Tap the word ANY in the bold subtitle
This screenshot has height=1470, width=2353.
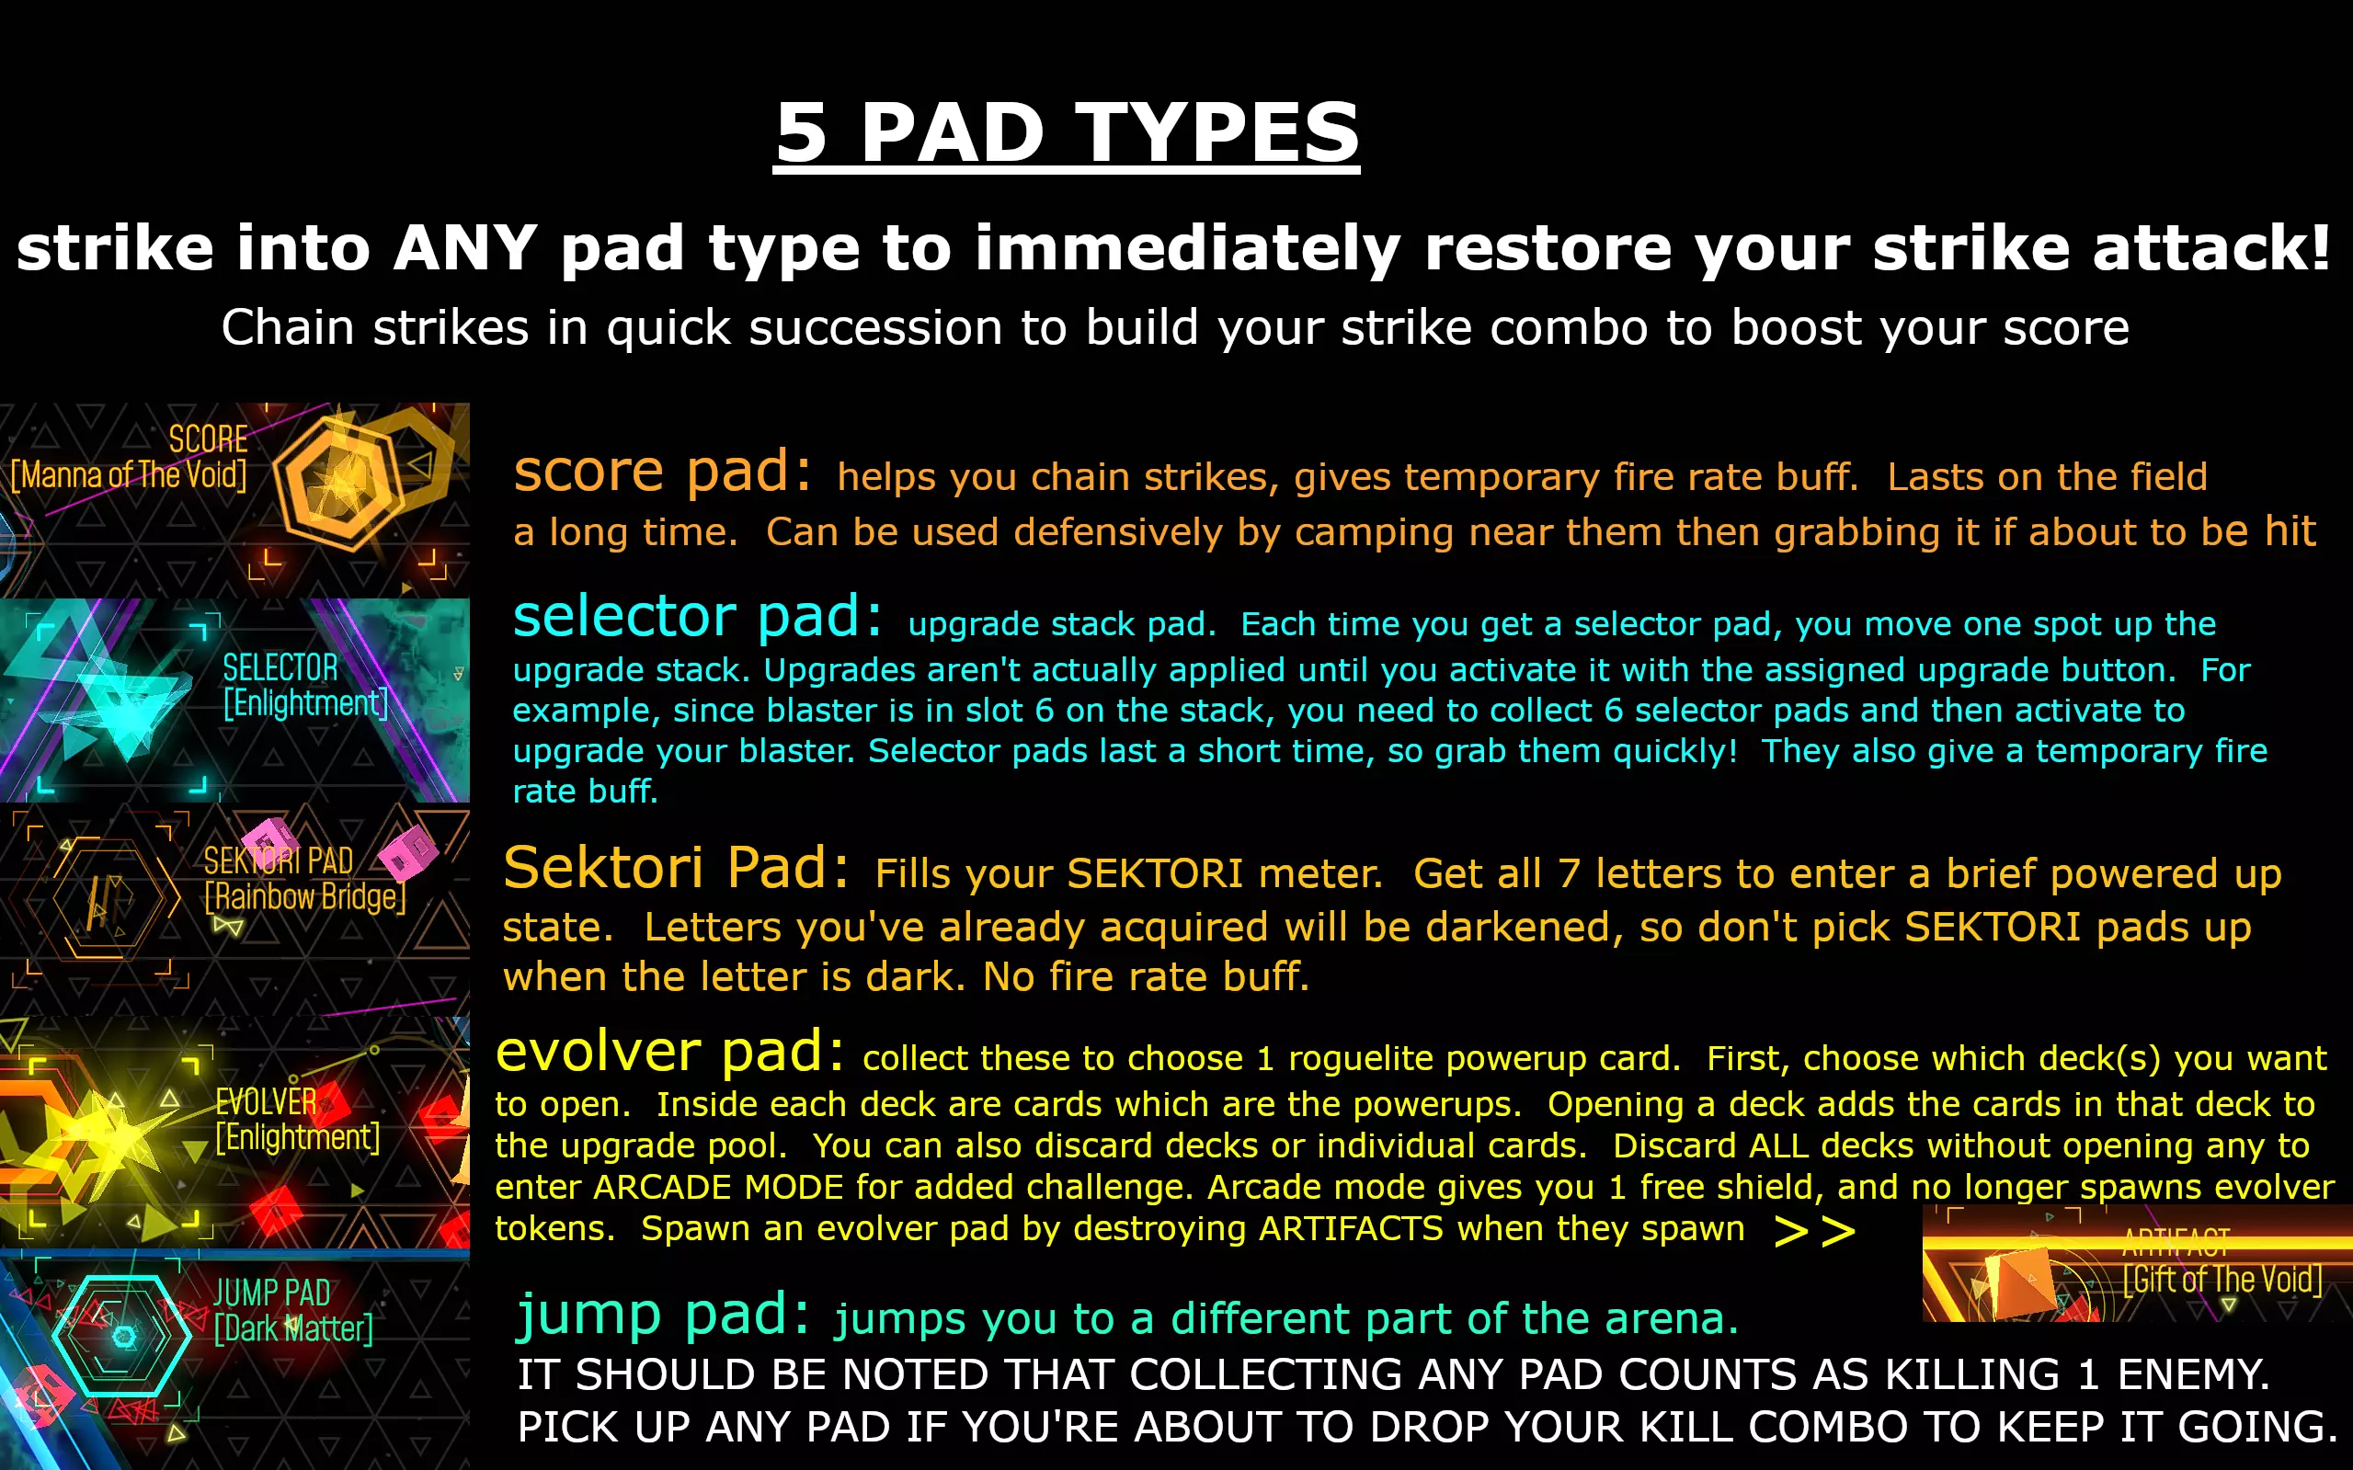[x=464, y=248]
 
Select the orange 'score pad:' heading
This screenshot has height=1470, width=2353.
[x=662, y=472]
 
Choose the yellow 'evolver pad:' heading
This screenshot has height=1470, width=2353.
[x=670, y=1052]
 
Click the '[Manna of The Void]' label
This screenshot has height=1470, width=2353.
[x=129, y=475]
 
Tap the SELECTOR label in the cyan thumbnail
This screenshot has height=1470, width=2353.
[x=280, y=668]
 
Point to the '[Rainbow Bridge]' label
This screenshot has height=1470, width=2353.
[x=305, y=896]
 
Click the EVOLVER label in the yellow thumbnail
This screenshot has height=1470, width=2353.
[x=266, y=1101]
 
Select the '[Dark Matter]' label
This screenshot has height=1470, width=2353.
[x=293, y=1328]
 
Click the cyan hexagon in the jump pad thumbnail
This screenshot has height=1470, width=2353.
[x=122, y=1337]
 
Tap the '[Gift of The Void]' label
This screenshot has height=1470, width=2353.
[x=2222, y=1280]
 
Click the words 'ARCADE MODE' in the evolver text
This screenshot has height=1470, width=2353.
[x=717, y=1187]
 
